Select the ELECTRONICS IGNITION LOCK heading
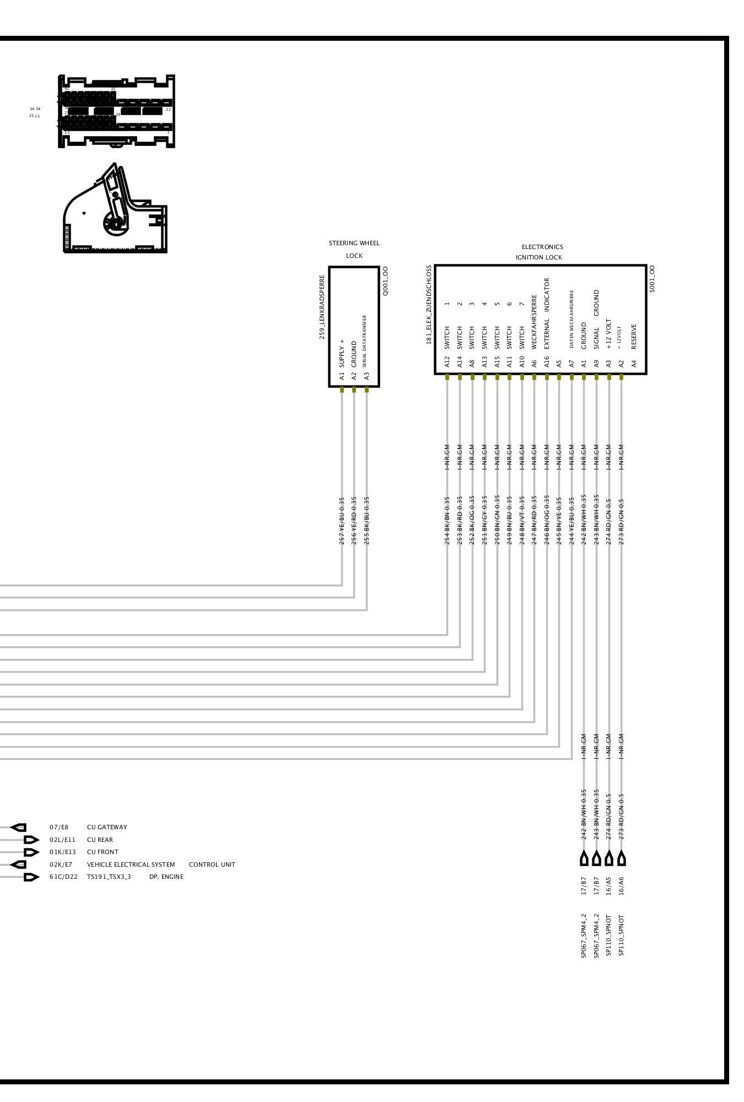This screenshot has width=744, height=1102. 540,252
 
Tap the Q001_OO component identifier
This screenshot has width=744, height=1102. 385,281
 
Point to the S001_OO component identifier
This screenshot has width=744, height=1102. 652,279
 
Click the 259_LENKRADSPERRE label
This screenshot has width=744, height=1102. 322,307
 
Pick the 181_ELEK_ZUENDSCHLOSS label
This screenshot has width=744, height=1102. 429,305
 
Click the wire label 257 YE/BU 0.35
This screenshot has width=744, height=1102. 342,521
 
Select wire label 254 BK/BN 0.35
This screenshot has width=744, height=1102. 447,521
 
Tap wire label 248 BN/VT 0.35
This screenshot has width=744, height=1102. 522,521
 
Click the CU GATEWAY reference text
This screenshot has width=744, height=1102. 107,827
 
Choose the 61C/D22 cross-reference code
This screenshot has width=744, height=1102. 63,877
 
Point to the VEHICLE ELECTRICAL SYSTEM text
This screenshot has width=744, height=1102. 131,865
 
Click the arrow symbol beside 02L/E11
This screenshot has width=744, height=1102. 31,840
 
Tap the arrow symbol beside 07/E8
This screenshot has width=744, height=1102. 18,828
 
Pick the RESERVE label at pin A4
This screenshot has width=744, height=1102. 634,336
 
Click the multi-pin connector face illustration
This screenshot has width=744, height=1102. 116,111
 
